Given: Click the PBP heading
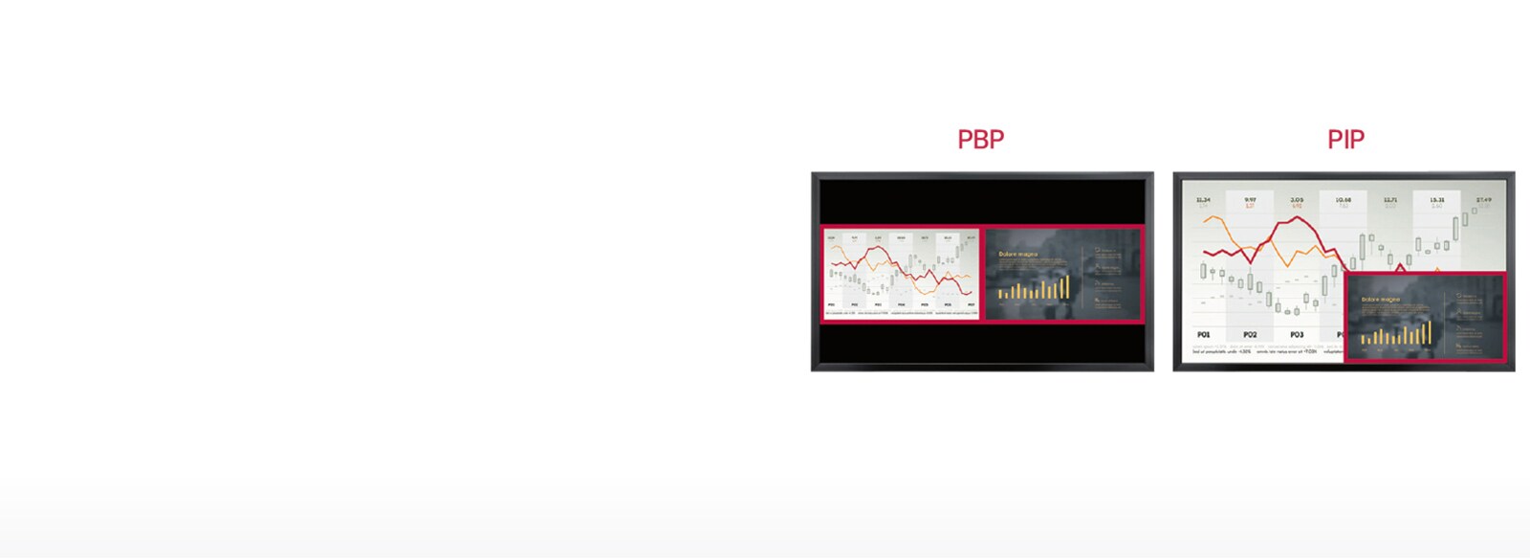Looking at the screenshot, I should click(x=981, y=140).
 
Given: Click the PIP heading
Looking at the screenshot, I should click(x=1345, y=140).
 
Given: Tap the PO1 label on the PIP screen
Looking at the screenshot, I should click(x=1203, y=335).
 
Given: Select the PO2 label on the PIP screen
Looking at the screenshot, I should click(x=1250, y=335).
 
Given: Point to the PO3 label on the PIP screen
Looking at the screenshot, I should click(x=1297, y=335).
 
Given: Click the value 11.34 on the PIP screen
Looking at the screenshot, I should click(x=1203, y=200).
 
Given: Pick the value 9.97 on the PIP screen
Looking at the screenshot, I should click(x=1250, y=200).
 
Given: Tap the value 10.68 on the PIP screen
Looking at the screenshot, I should click(x=1344, y=200).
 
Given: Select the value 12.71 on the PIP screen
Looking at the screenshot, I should click(x=1390, y=200).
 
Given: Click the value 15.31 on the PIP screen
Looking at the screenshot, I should click(x=1437, y=200).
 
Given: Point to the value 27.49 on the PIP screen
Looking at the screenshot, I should click(x=1483, y=200).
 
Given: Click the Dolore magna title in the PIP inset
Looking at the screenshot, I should click(x=1380, y=300).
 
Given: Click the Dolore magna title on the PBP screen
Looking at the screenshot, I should click(x=1017, y=255).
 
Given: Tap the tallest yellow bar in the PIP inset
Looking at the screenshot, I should click(x=1429, y=332).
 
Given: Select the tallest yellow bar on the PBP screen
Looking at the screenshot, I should click(x=1066, y=286).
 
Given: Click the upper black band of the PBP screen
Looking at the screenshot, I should click(x=982, y=201).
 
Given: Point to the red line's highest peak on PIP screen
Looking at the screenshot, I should click(x=1297, y=218).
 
